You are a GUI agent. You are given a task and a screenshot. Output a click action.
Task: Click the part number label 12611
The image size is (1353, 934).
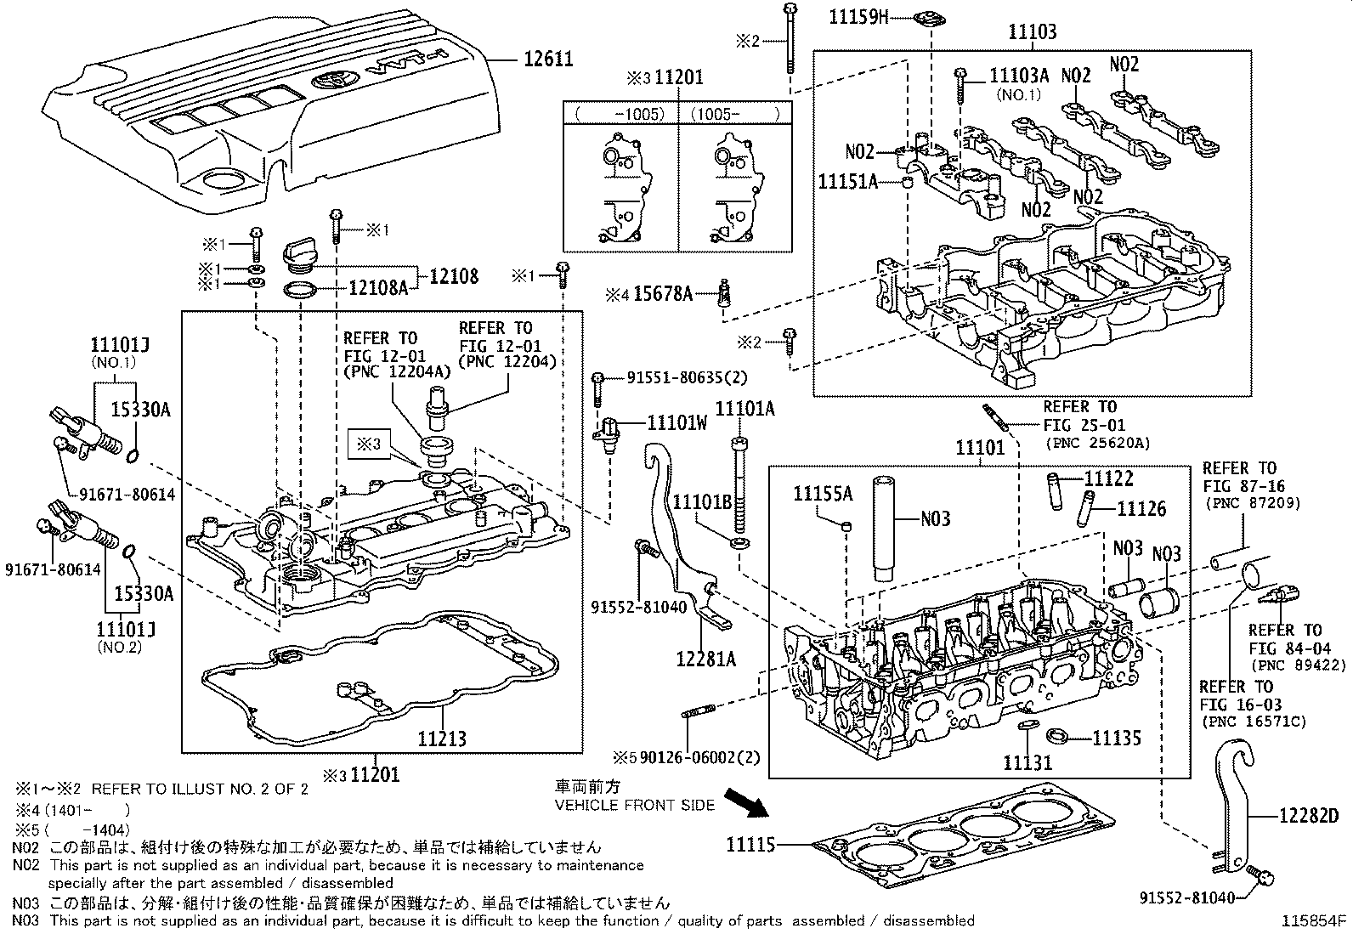547,59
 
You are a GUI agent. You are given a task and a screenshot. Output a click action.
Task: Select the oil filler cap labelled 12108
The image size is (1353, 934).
300,254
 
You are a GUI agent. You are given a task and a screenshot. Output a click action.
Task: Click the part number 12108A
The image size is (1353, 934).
378,288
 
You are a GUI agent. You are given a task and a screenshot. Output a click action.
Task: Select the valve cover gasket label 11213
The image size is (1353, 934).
441,738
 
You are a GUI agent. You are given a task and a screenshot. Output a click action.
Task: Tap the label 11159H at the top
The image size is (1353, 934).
858,16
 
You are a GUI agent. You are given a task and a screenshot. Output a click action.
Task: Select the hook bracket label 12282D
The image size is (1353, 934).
1308,816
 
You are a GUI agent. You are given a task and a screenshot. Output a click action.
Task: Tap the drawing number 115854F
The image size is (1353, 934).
1315,920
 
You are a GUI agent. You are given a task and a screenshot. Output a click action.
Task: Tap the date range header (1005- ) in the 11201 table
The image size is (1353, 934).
734,114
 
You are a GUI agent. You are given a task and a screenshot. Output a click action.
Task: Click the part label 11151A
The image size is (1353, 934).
847,181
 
